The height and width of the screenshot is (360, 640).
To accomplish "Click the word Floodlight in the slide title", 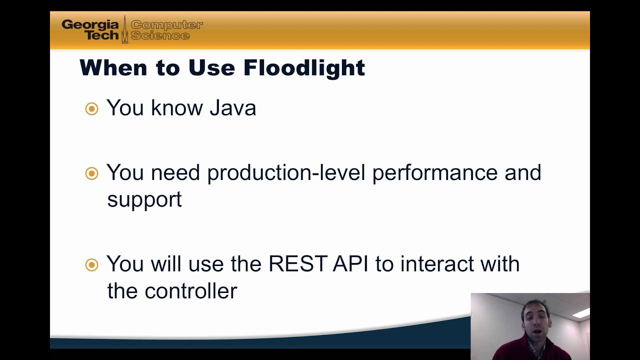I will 304,68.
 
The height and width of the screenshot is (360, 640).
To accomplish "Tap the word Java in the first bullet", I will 232,108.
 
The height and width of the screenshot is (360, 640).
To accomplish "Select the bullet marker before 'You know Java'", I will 91,108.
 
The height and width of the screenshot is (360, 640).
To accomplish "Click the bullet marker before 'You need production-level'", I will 91,173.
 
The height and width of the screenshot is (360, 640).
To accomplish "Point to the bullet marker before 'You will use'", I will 91,264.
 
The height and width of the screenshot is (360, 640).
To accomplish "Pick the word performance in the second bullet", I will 435,173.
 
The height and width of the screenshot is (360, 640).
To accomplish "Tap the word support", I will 144,199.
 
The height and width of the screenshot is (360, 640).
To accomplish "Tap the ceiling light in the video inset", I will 580,313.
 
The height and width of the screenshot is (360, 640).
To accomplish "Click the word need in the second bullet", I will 175,173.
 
